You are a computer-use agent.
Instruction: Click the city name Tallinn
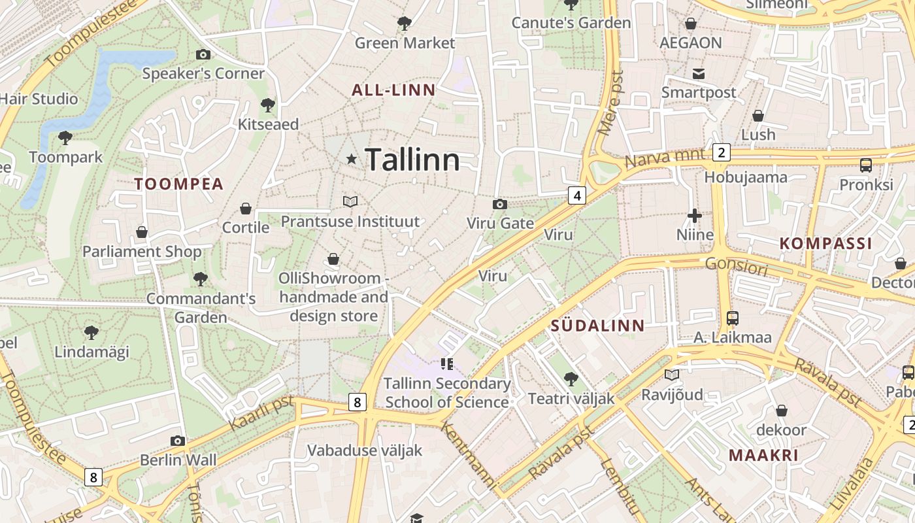click(x=412, y=160)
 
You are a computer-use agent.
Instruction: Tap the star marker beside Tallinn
click(x=352, y=159)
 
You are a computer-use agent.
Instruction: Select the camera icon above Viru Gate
click(x=500, y=205)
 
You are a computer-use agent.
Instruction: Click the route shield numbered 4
click(x=576, y=195)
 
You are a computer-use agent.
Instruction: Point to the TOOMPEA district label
click(x=179, y=184)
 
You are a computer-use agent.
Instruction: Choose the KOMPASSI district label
click(x=825, y=244)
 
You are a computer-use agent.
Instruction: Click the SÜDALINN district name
click(x=597, y=326)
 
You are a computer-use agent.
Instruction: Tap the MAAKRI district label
click(x=763, y=456)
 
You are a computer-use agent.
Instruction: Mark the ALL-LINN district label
click(x=393, y=91)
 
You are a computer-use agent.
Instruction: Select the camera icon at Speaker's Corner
click(x=203, y=55)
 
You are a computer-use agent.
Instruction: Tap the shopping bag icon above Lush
click(x=758, y=116)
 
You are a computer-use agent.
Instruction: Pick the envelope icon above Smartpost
click(x=699, y=73)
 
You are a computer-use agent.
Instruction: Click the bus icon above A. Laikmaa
click(x=732, y=318)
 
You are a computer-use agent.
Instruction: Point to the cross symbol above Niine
click(x=695, y=215)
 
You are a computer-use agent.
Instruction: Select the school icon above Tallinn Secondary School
click(x=447, y=364)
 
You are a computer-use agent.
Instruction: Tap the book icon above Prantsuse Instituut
click(x=350, y=202)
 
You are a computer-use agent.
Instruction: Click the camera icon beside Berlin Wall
click(x=178, y=441)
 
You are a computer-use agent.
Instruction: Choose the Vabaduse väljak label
click(x=365, y=450)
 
